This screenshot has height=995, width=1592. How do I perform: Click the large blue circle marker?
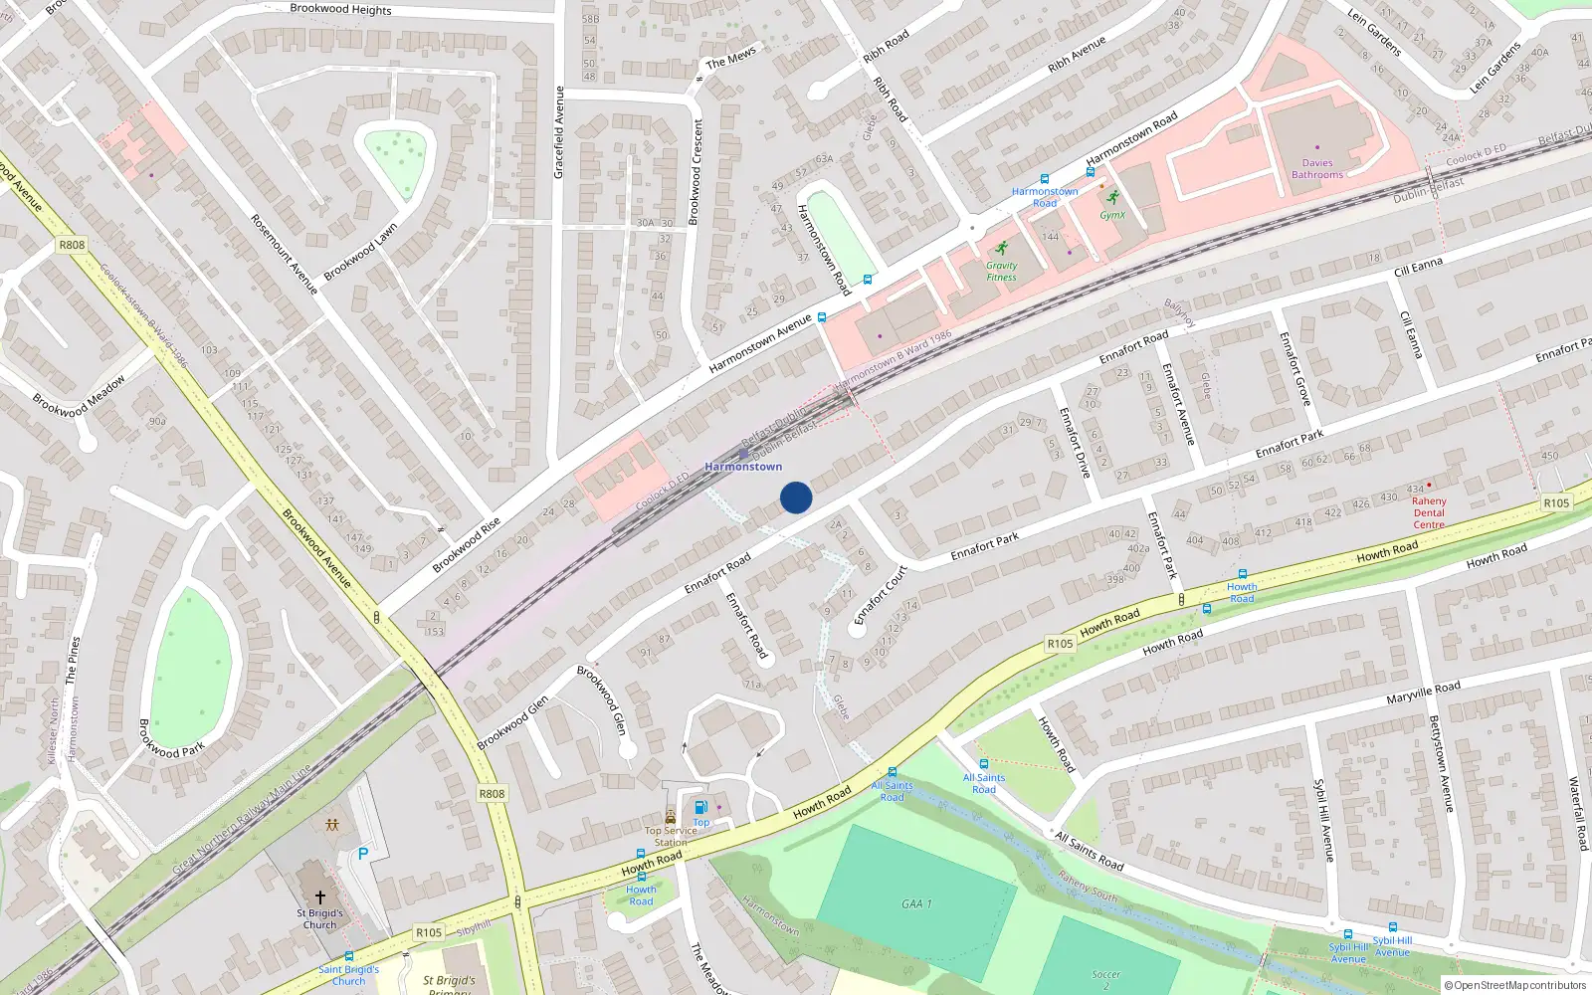796,497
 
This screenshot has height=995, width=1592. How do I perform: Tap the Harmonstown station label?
743,467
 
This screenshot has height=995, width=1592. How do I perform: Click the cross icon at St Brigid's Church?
320,897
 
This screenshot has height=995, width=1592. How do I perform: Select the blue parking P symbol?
363,854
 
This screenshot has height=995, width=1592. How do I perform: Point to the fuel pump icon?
700,808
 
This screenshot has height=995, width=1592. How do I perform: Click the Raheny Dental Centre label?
1429,512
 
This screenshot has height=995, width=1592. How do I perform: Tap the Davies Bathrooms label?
1317,169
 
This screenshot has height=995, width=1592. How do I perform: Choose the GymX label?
1112,215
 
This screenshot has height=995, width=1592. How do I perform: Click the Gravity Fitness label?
1002,271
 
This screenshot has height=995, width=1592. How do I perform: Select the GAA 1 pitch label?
916,903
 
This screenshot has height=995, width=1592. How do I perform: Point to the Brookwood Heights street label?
340,9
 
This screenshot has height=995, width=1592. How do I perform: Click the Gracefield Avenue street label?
559,132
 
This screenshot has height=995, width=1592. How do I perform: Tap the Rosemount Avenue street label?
284,254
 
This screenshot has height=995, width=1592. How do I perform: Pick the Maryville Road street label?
1423,693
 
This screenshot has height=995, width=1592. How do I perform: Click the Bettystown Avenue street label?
1440,763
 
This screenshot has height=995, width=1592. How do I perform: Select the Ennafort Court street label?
881,595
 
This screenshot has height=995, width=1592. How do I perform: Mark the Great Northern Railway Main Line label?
242,819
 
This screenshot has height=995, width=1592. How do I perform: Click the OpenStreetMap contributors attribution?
1515,986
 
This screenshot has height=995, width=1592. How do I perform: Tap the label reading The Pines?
72,661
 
